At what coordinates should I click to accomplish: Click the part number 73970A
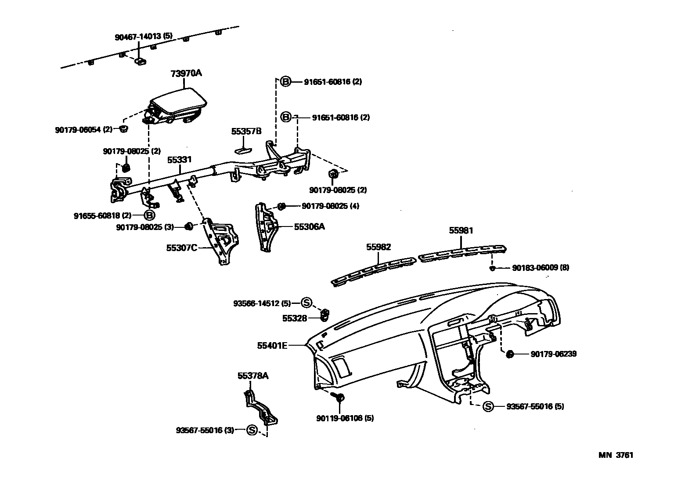[x=186, y=73]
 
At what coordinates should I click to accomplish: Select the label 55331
[x=179, y=160]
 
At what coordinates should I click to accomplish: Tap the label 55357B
[x=246, y=131]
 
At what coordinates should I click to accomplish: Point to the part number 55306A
[x=309, y=226]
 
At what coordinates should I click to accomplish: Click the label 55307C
[x=182, y=248]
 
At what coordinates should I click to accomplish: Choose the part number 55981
[x=461, y=230]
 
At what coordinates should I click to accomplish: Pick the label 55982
[x=379, y=248]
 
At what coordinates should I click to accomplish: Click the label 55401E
[x=272, y=346]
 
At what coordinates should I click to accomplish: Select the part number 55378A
[x=253, y=376]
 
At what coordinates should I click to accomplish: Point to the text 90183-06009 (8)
[x=541, y=267]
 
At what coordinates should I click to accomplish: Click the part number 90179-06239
[x=553, y=354]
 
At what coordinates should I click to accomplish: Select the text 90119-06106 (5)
[x=345, y=418]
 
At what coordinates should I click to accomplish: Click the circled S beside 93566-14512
[x=306, y=303]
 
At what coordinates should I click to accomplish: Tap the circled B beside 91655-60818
[x=150, y=215]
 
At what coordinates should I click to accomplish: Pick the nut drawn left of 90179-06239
[x=510, y=354]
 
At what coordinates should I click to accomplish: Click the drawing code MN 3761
[x=616, y=455]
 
